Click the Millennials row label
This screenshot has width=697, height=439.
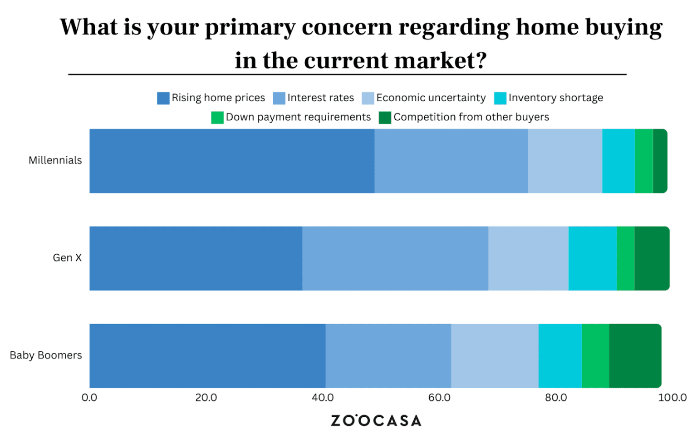[x=55, y=160]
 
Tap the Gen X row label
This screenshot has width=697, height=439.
[x=67, y=258]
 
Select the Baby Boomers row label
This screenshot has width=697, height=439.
[x=46, y=355]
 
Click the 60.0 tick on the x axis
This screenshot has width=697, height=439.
[x=439, y=398]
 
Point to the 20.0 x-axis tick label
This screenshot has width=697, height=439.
[x=206, y=398]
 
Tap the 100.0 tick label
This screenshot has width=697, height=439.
[x=672, y=398]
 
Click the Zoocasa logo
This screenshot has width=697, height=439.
[x=376, y=421]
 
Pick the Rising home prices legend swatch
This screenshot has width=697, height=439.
[x=163, y=98]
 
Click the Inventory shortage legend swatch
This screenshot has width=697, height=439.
[x=501, y=98]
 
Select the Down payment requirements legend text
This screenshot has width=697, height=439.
[x=298, y=117]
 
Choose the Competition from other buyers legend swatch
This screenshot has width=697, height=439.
[x=385, y=118]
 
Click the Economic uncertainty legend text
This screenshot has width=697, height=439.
[x=431, y=98]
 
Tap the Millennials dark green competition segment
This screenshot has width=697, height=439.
[x=660, y=161]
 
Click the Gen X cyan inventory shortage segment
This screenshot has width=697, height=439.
[x=593, y=258]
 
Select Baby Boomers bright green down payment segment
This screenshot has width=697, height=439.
[x=595, y=356]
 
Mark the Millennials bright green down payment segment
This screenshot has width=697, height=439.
[x=644, y=161]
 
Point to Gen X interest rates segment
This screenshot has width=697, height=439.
[x=395, y=258]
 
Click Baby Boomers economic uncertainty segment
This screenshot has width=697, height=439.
[x=495, y=356]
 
